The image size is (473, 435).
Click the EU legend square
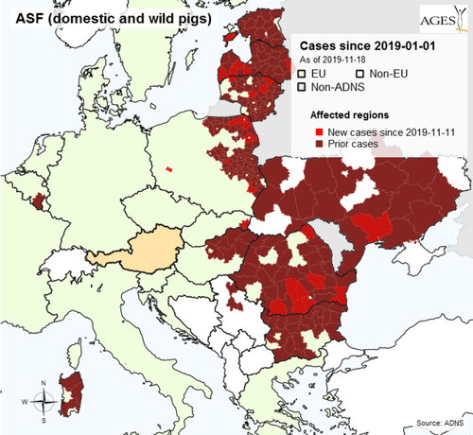(x=302, y=73)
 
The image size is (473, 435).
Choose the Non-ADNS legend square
(x=302, y=87)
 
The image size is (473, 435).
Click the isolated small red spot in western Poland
(x=168, y=168)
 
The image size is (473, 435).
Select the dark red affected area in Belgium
(x=39, y=200)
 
